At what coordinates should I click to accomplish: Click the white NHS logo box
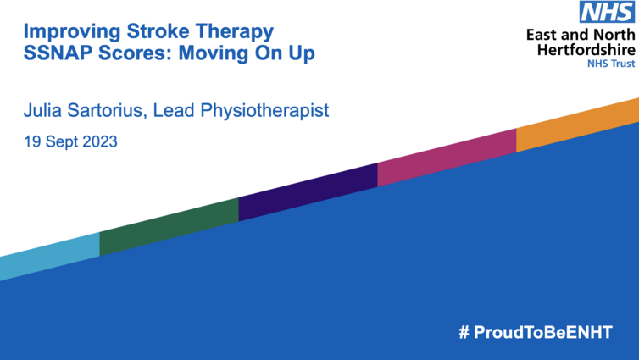point(607,12)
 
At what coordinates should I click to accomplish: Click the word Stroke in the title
point(158,31)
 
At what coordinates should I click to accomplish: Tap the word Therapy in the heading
point(235,32)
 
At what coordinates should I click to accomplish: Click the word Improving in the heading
point(72,32)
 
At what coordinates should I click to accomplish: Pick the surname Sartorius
point(107,110)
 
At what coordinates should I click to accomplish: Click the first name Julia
point(42,110)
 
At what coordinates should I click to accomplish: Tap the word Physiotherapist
point(264,111)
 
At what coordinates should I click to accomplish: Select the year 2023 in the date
point(99,141)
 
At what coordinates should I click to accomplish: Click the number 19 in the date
point(32,141)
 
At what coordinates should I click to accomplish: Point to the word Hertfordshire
point(586,50)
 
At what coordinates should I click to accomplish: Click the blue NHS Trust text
point(611,64)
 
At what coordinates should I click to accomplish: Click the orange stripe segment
point(577,125)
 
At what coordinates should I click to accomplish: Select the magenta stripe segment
point(447,158)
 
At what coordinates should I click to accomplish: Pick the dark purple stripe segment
point(308,192)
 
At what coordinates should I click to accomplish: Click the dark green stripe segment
point(169,227)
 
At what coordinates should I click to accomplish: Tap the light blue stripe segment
point(50,257)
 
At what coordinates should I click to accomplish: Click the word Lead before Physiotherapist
point(174,110)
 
